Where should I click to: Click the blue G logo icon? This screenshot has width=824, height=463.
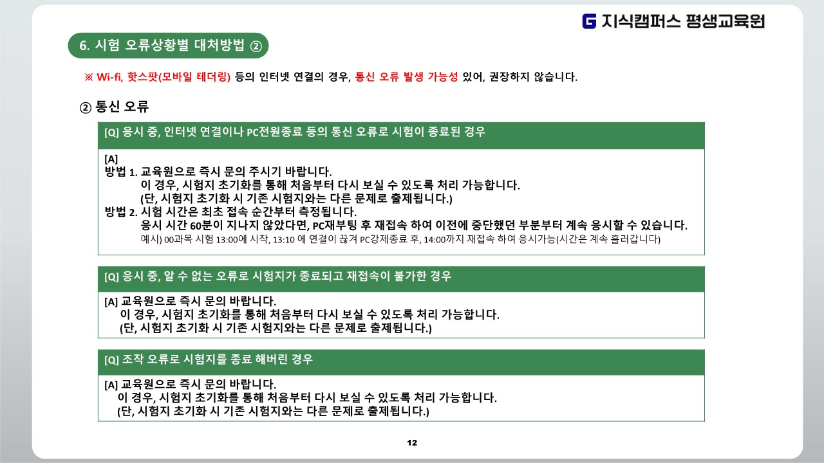click(589, 21)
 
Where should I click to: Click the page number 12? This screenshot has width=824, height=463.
click(412, 443)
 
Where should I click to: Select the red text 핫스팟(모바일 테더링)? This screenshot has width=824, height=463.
click(179, 77)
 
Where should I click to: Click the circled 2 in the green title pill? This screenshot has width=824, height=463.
click(256, 46)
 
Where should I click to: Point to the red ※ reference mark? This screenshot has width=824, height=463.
click(89, 77)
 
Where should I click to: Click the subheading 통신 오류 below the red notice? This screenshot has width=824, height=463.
click(122, 107)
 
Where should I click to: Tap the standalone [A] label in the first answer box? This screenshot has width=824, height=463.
click(111, 159)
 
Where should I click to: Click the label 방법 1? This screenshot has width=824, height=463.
click(121, 172)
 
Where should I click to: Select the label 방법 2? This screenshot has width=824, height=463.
click(121, 212)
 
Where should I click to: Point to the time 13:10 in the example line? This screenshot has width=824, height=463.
click(284, 240)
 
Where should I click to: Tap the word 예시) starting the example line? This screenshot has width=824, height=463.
click(151, 240)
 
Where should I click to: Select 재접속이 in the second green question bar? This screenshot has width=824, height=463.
click(368, 276)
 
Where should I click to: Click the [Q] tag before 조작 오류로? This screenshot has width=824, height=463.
click(111, 359)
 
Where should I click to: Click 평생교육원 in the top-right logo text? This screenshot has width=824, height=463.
click(726, 21)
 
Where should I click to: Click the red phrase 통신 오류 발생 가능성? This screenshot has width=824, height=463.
click(406, 77)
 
